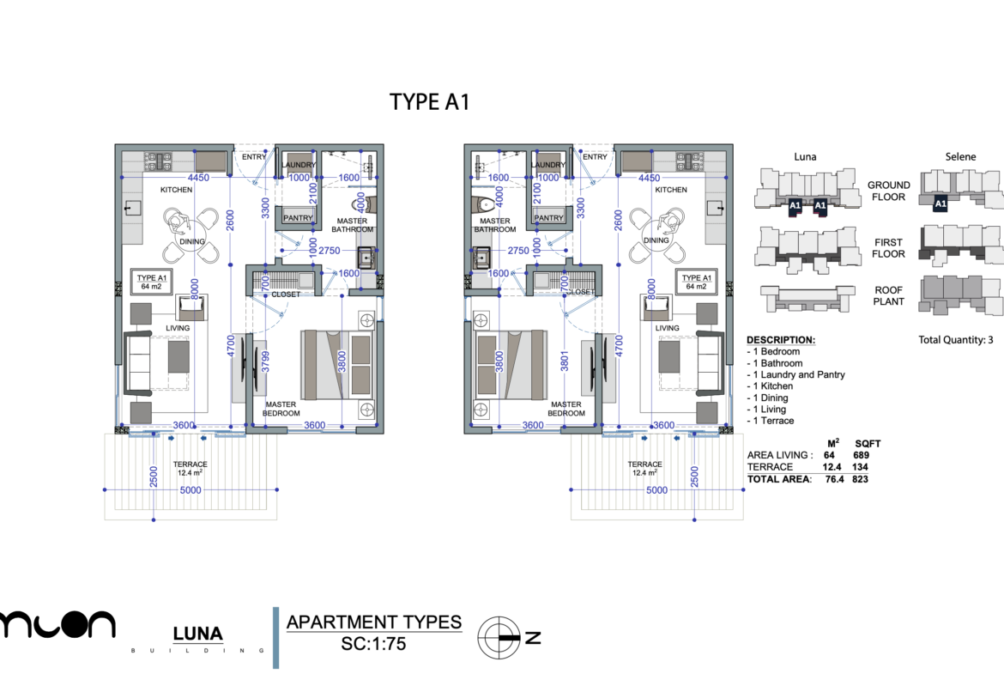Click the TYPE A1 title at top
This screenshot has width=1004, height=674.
pos(429,101)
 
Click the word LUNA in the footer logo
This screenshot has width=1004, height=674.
pos(197,635)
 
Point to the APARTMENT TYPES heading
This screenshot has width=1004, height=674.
pos(373,622)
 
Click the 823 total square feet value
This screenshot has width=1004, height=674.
pos(861,479)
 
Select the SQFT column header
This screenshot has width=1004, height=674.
pos(868,444)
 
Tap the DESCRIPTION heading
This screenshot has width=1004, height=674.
pos(781,340)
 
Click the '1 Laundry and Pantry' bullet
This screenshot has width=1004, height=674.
pos(796,374)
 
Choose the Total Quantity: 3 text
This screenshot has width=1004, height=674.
pos(956,340)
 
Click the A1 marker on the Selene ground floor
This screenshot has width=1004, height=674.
pos(940,204)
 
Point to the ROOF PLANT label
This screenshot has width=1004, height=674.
pos(888,295)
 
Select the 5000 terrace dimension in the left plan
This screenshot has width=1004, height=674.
pos(191,490)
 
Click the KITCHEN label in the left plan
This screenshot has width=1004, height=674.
pos(176,190)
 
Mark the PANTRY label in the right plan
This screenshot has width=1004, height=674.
pos(548,218)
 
